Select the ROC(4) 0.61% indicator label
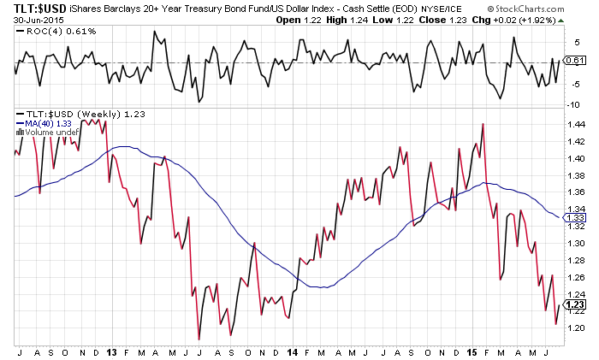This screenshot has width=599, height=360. [x=48, y=32]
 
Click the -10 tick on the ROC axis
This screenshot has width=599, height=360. [x=572, y=104]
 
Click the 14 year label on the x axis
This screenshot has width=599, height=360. [x=293, y=351]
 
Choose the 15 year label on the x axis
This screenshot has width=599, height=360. [x=473, y=351]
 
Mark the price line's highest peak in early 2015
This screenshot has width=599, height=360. [x=483, y=124]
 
